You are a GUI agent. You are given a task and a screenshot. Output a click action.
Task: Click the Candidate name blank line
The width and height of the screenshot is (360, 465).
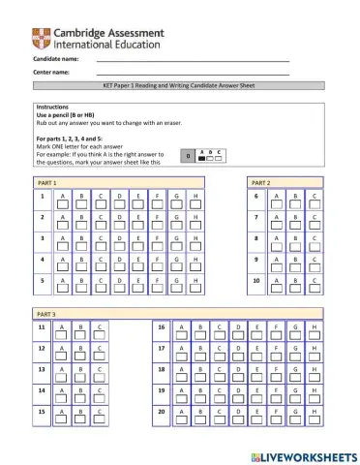[193, 62]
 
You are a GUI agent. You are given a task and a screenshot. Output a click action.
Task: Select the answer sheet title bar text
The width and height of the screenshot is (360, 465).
[180, 86]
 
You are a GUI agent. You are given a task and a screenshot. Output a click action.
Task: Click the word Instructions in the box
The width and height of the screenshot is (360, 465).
[54, 107]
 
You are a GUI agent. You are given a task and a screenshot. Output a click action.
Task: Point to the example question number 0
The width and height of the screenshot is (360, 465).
[188, 155]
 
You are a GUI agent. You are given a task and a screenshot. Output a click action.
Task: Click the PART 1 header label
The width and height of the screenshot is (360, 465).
[46, 182]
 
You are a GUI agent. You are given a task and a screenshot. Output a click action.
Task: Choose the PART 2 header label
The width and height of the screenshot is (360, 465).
[261, 182]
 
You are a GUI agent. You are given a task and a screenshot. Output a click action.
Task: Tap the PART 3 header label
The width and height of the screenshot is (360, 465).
[46, 315]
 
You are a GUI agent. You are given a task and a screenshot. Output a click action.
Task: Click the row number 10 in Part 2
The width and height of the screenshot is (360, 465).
[256, 281]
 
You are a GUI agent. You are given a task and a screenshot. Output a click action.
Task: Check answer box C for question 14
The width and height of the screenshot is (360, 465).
[100, 398]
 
